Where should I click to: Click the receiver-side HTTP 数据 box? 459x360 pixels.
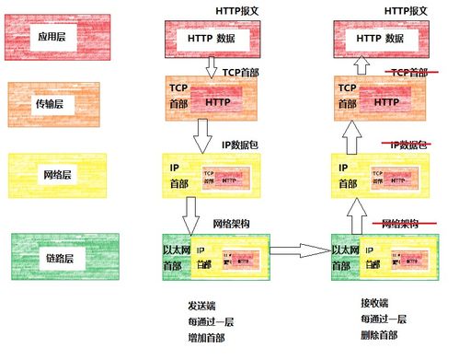(x=381, y=38)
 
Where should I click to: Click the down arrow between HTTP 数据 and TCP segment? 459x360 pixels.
(x=211, y=66)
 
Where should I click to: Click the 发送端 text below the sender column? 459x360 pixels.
(x=203, y=304)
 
